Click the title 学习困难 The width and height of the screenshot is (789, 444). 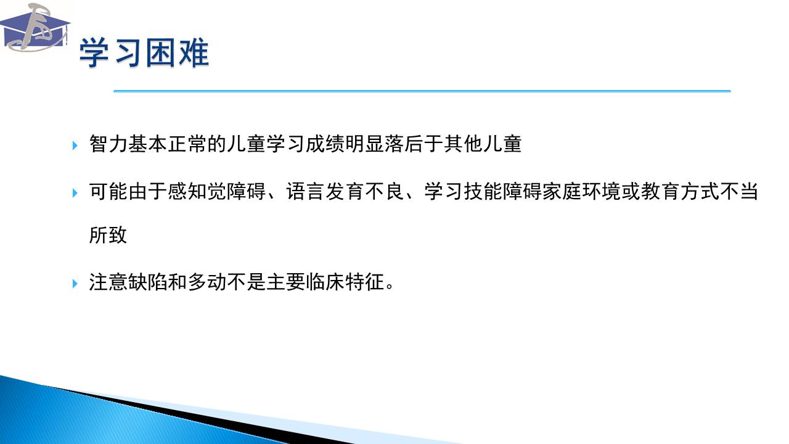(x=144, y=53)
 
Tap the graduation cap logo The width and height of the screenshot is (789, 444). (x=35, y=28)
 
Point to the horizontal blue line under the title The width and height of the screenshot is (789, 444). (x=422, y=91)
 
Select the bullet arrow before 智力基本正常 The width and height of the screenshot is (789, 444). (x=75, y=145)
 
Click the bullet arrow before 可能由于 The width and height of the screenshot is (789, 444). (x=75, y=193)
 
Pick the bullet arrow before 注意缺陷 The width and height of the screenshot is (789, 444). (x=75, y=283)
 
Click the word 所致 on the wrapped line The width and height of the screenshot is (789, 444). (x=108, y=235)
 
